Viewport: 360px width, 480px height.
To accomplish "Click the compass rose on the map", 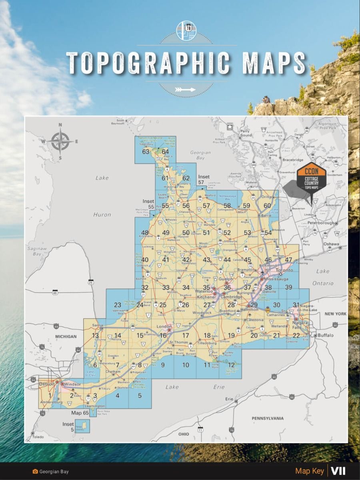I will click(60, 141).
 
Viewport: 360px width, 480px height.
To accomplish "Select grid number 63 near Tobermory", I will click(146, 152).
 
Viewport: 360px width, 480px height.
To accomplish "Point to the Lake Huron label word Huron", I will click(102, 215).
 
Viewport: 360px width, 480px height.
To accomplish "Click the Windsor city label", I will click(72, 384).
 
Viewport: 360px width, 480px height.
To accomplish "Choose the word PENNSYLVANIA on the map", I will click(268, 418).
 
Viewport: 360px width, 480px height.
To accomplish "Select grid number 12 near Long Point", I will click(231, 365).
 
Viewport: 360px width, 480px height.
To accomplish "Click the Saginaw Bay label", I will click(37, 251).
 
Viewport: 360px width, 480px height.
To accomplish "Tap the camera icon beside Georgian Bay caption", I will click(35, 472).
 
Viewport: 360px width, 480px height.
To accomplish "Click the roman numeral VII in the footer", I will click(338, 471).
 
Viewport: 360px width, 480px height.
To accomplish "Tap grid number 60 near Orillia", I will click(267, 206).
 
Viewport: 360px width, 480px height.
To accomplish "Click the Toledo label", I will click(38, 437).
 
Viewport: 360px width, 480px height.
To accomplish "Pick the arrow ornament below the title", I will click(185, 90).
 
